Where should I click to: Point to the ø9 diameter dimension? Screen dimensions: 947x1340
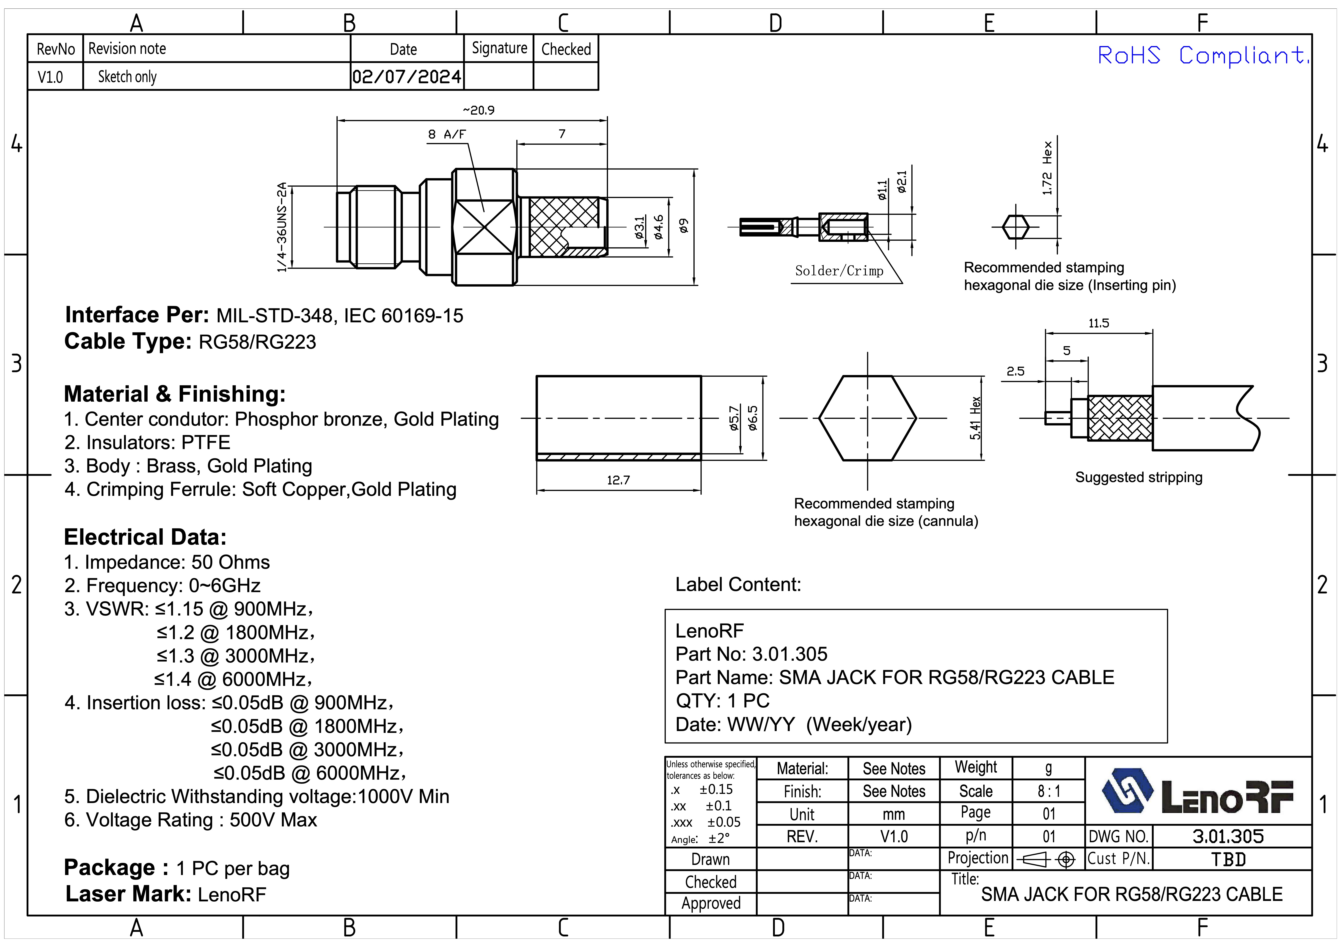click(684, 226)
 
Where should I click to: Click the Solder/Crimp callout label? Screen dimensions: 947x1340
click(839, 271)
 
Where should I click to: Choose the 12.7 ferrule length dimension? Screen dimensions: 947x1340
click(618, 480)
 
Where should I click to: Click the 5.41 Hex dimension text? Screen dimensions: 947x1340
click(975, 418)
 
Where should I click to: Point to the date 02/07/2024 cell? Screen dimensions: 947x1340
click(407, 77)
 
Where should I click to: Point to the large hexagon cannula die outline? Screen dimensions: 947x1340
click(867, 418)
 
